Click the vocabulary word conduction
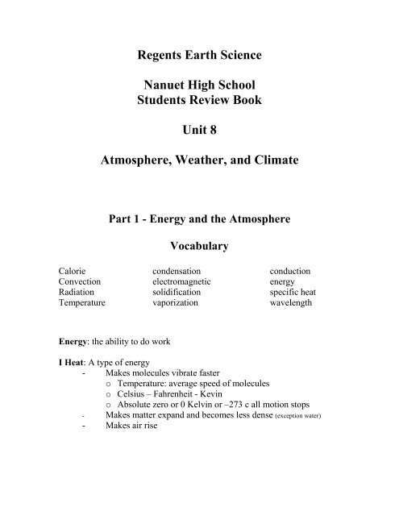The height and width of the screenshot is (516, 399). (x=290, y=272)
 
